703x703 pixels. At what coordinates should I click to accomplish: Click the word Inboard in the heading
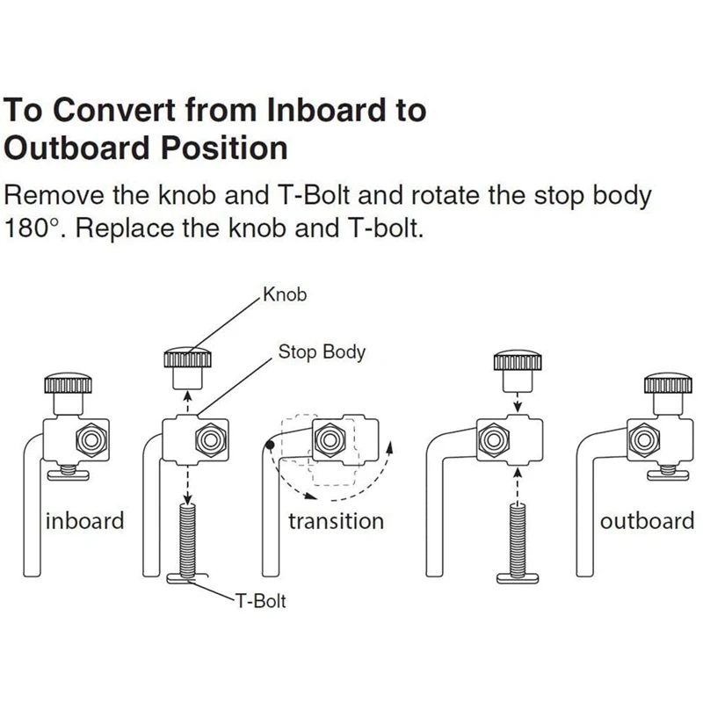pyautogui.click(x=303, y=111)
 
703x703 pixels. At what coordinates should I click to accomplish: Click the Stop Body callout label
pyautogui.click(x=322, y=353)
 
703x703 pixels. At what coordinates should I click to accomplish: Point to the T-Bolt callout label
pyautogui.click(x=259, y=602)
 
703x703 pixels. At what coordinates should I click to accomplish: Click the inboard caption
pyautogui.click(x=85, y=520)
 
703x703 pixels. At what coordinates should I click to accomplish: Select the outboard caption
pyautogui.click(x=647, y=521)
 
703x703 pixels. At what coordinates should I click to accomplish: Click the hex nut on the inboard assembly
pyautogui.click(x=91, y=438)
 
